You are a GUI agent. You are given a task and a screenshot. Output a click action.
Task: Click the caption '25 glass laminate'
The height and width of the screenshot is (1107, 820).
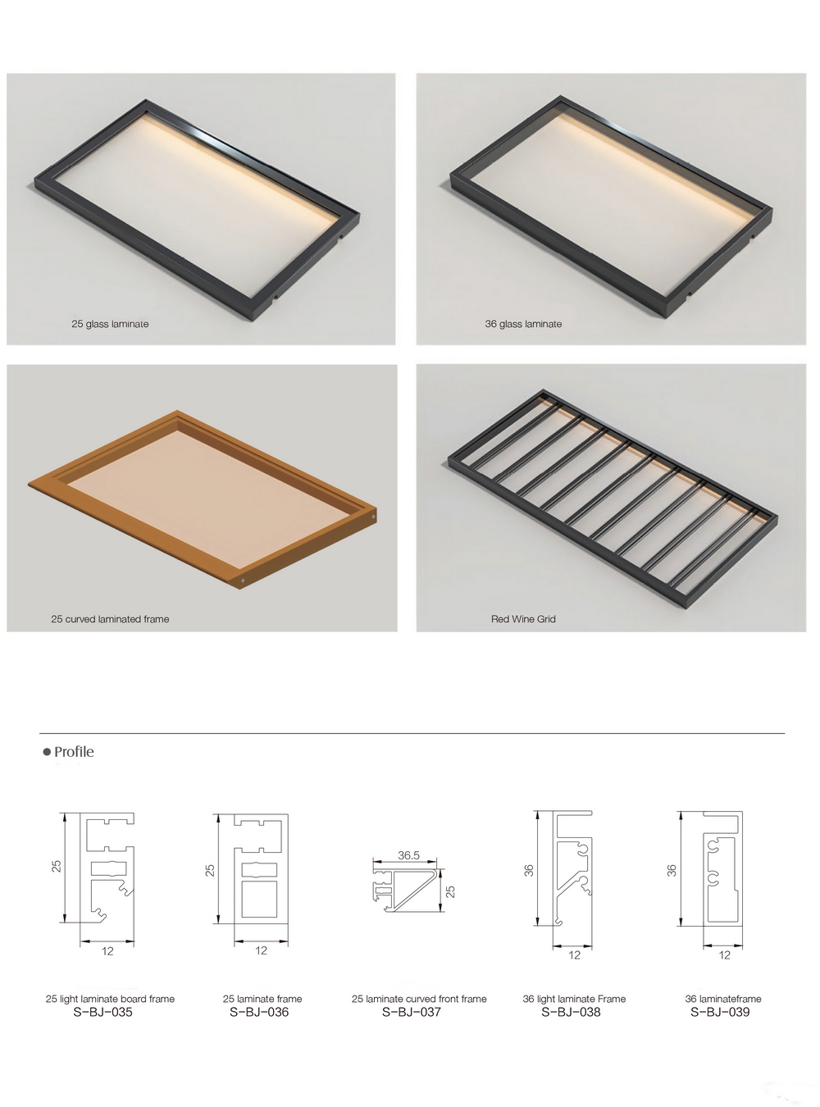coord(110,324)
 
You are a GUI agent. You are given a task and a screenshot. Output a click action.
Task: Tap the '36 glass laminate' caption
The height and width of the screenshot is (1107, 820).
coord(523,324)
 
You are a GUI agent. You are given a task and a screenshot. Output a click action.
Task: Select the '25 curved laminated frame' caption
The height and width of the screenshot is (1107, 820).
coord(110,619)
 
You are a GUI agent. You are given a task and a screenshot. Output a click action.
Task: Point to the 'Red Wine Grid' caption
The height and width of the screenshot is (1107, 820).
coord(523,619)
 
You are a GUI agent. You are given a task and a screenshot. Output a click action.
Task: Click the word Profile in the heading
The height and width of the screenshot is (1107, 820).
coord(74,752)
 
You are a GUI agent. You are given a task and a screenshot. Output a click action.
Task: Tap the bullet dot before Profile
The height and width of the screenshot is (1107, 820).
coord(47,752)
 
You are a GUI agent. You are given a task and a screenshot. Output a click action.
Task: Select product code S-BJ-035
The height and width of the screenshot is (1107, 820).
coord(102,1012)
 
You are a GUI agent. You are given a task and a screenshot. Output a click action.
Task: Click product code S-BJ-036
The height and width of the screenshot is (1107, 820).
coord(259,1012)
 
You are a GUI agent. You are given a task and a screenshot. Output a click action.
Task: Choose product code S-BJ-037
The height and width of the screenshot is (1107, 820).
coord(412,1012)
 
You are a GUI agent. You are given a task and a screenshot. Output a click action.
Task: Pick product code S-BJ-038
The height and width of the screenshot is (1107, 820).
coord(571,1012)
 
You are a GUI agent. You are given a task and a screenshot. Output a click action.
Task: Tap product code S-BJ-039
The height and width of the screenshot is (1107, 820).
coord(720,1012)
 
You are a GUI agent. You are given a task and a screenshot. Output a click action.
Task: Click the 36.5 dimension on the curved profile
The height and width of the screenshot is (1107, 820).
coord(408,855)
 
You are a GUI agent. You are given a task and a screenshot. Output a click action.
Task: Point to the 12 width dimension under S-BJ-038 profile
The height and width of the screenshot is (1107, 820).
coord(575,954)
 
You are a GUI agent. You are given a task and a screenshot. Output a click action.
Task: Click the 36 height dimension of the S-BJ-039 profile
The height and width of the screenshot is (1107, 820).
coord(672,870)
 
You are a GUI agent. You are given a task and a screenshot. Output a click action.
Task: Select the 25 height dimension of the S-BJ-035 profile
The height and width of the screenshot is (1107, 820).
coord(57,866)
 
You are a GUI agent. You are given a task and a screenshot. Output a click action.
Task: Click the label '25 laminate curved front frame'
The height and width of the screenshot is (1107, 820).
coord(419,999)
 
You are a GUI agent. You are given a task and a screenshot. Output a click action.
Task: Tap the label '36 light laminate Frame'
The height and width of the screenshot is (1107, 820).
coord(574,999)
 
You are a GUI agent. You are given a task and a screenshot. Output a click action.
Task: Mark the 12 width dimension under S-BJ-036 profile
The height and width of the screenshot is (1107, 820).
coord(261,950)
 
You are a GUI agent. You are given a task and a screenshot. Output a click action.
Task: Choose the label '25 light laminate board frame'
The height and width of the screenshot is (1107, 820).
coord(111,999)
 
